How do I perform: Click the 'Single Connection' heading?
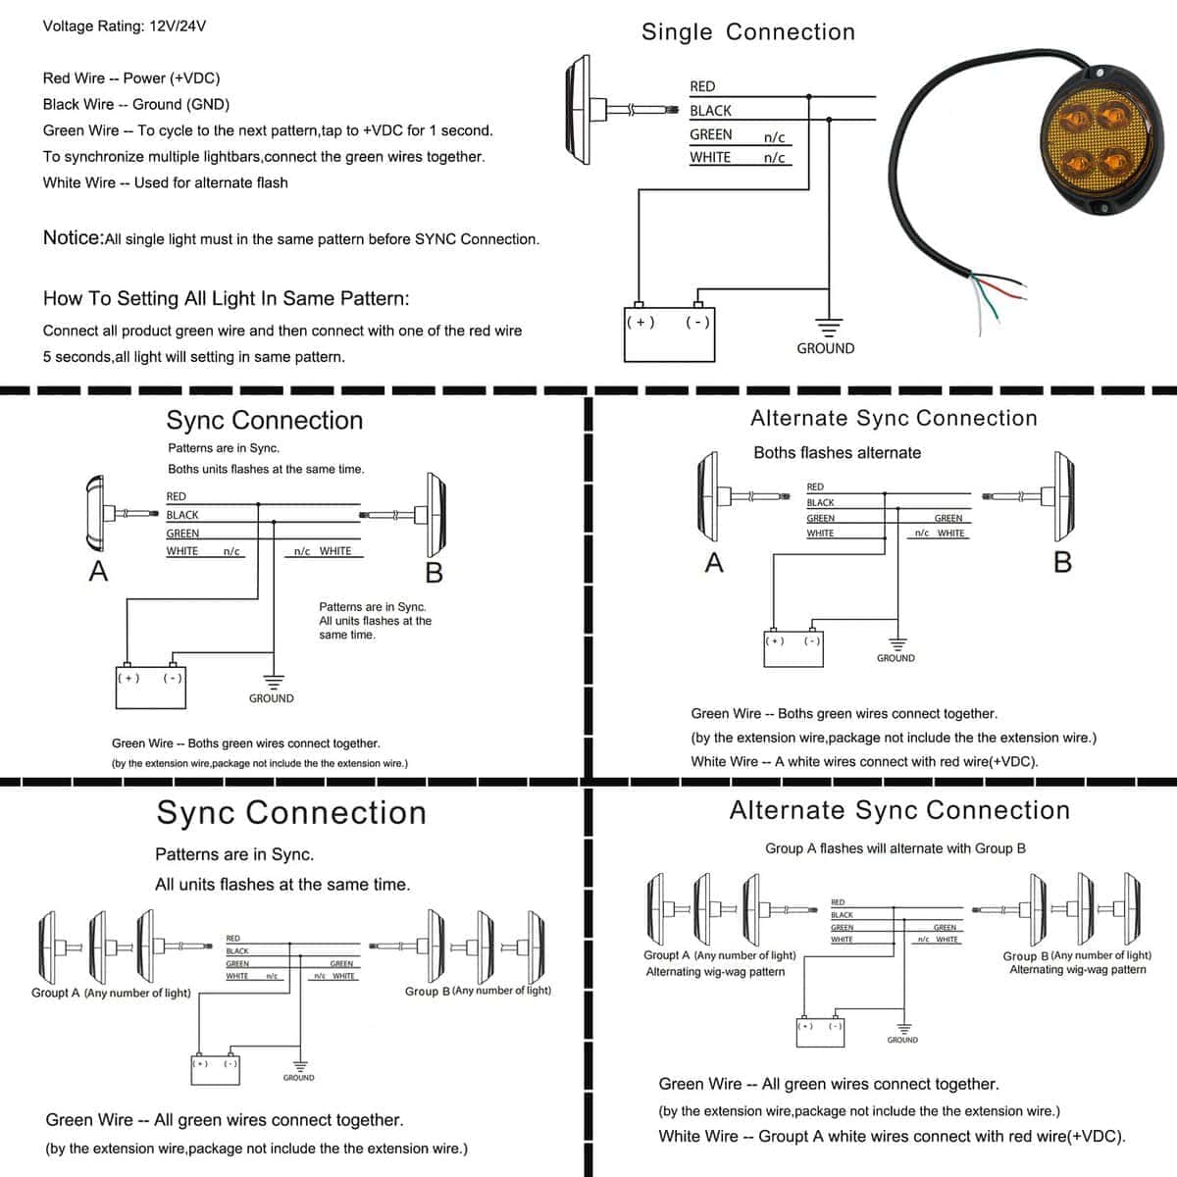(747, 31)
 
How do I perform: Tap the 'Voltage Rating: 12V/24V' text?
(124, 26)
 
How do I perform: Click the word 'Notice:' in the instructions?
(74, 237)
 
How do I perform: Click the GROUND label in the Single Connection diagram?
(825, 348)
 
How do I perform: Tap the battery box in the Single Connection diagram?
(670, 334)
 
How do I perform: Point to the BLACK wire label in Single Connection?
(710, 111)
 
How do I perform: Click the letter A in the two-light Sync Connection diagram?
(98, 572)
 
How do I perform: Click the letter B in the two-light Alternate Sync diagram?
(1063, 562)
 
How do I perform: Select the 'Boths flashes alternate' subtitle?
(837, 452)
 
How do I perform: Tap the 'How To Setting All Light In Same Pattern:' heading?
(226, 299)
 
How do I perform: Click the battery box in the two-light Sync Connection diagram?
(151, 688)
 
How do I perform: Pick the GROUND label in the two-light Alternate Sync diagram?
(896, 658)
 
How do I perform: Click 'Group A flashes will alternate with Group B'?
(895, 848)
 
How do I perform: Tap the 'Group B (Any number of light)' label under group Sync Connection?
(478, 991)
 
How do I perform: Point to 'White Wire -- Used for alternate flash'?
(165, 183)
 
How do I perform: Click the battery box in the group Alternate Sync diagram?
(820, 1032)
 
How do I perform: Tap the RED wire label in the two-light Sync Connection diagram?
(176, 496)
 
